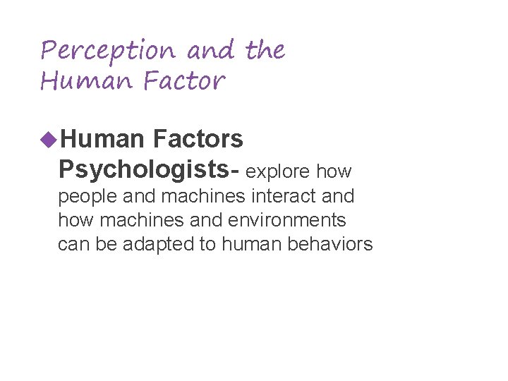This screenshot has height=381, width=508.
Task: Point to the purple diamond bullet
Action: click(x=48, y=139)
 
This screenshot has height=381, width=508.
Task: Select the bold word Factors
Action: click(x=198, y=140)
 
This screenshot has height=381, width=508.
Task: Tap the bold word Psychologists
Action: click(x=148, y=170)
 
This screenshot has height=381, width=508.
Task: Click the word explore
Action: click(x=278, y=171)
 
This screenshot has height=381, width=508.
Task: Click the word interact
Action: click(x=289, y=195)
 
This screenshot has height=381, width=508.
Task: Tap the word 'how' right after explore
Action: click(x=334, y=171)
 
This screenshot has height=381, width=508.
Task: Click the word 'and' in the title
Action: click(x=212, y=51)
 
